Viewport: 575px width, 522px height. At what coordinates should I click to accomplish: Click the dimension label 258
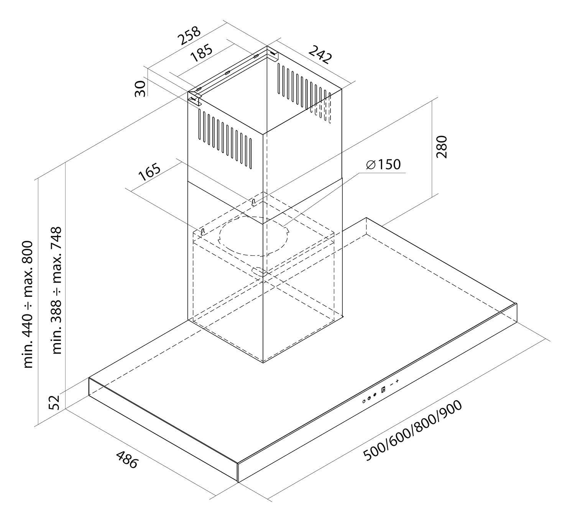(189, 36)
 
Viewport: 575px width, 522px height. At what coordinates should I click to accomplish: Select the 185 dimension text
(202, 53)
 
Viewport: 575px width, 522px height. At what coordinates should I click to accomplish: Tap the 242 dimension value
(320, 54)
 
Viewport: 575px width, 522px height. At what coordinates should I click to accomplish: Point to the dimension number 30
(140, 89)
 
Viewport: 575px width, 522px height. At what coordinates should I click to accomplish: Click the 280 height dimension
(442, 147)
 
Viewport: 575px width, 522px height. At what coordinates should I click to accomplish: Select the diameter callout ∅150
(383, 164)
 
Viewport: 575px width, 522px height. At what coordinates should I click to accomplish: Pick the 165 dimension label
(149, 172)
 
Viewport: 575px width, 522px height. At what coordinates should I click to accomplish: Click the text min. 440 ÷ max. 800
(28, 304)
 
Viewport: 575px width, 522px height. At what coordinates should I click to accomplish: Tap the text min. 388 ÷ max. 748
(56, 291)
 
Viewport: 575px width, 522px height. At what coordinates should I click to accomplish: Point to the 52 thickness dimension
(54, 403)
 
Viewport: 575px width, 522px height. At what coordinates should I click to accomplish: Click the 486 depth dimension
(127, 460)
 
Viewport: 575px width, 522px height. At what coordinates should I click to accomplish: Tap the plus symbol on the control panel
(397, 381)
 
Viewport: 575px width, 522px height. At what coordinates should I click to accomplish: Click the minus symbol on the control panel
(391, 385)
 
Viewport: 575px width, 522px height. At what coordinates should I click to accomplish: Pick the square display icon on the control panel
(383, 389)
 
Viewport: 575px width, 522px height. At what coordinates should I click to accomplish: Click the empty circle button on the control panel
(364, 401)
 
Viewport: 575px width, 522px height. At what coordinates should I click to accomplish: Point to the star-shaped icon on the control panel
(375, 395)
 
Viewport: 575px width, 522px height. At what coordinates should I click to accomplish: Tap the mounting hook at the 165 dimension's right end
(253, 202)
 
